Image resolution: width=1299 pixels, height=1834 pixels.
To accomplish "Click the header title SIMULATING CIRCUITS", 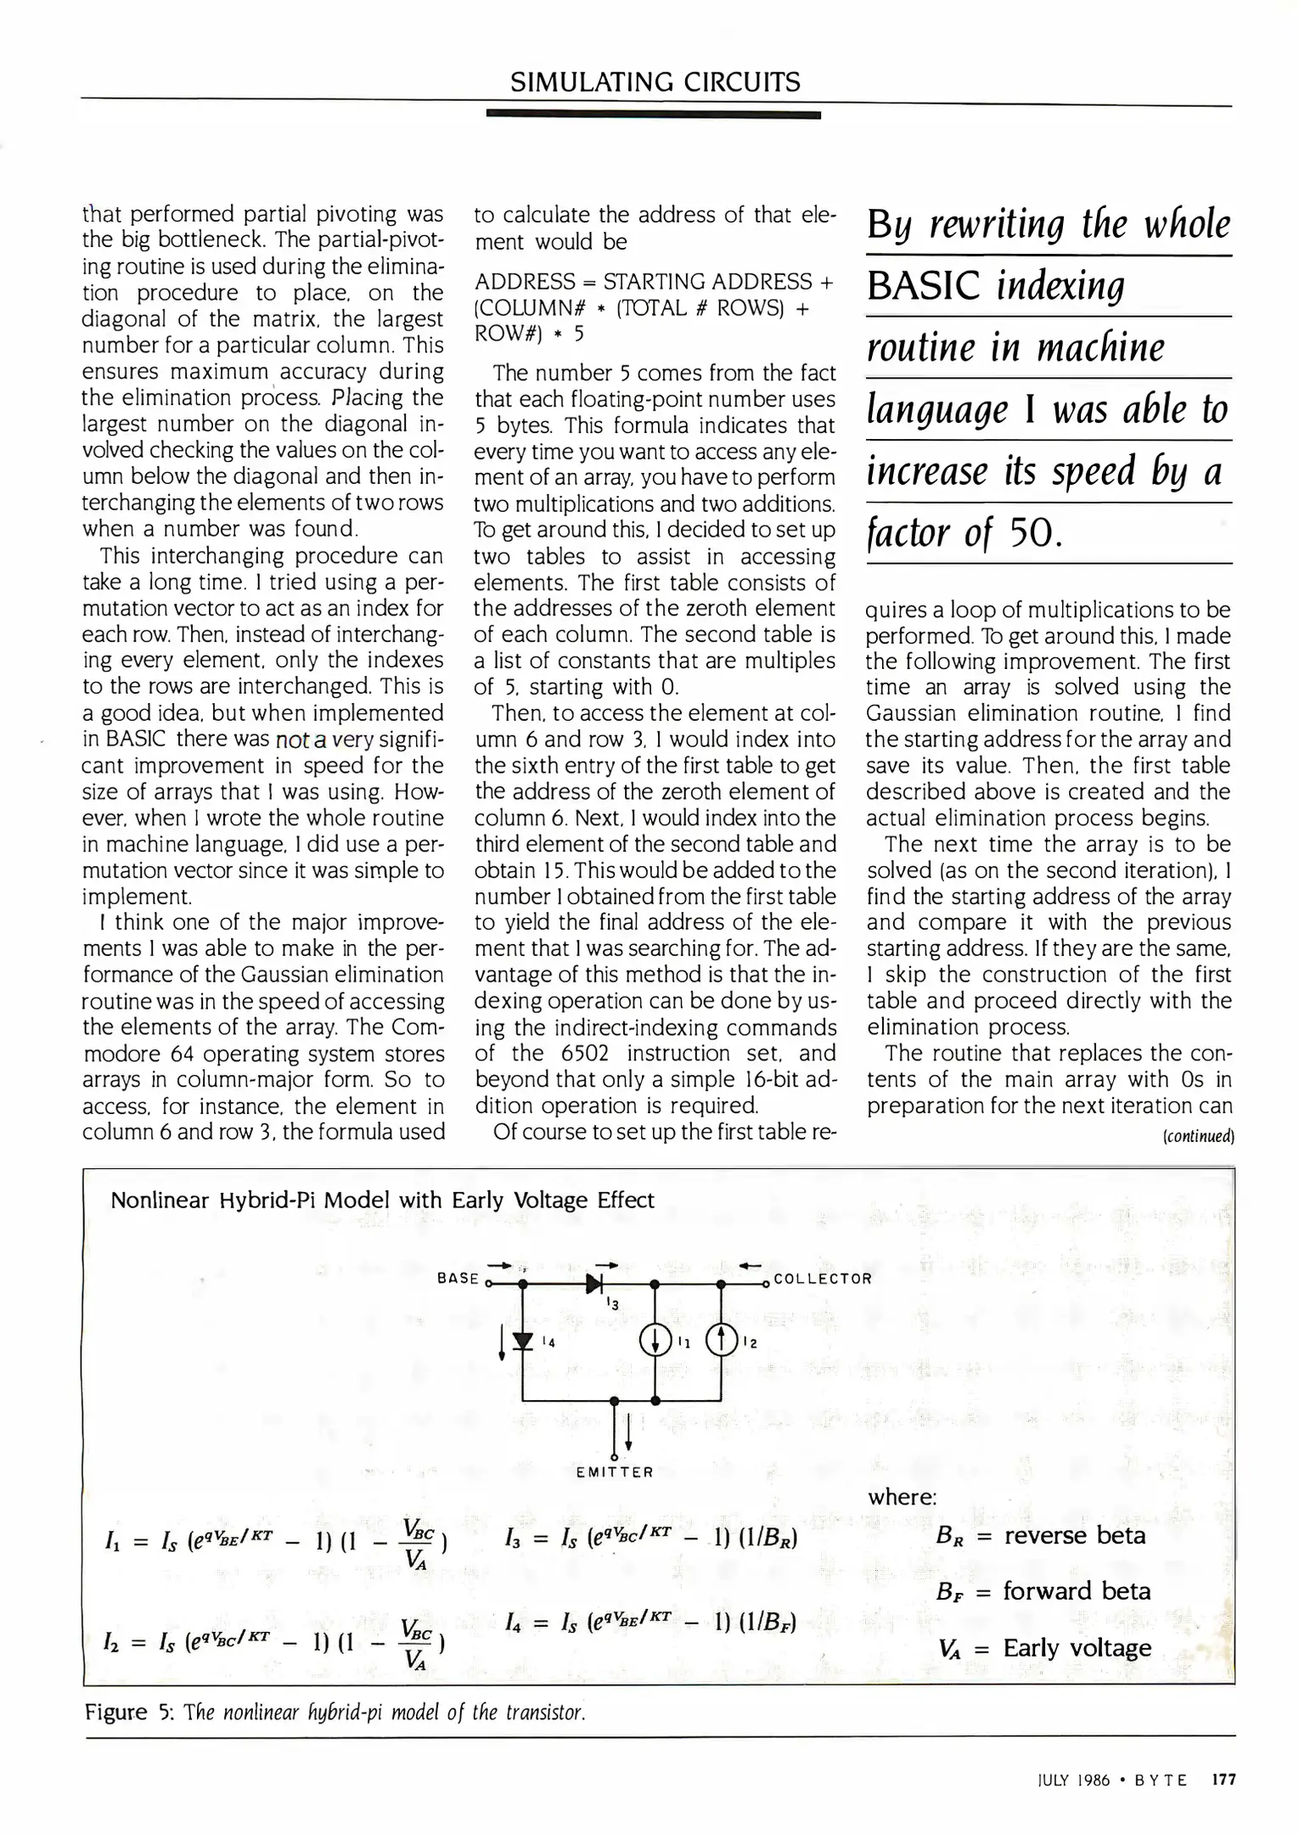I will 655,82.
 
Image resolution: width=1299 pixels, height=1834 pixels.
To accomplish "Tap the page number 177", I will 1223,1780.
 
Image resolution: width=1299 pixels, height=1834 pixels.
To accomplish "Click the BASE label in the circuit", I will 458,1278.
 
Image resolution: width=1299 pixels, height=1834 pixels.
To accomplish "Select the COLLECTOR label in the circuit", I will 823,1279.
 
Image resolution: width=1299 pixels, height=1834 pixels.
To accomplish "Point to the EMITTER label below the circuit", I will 615,1472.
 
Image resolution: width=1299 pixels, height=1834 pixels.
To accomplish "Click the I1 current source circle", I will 655,1342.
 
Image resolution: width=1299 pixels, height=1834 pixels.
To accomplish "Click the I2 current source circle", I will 721,1342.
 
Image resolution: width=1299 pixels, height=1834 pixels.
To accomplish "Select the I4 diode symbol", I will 523,1342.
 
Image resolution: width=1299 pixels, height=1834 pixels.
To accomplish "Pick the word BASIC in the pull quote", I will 927,287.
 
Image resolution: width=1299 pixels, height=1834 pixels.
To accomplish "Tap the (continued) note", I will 1197,1136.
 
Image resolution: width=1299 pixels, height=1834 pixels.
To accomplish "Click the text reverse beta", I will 1075,1535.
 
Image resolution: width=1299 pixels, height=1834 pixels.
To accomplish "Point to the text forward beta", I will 1077,1591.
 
